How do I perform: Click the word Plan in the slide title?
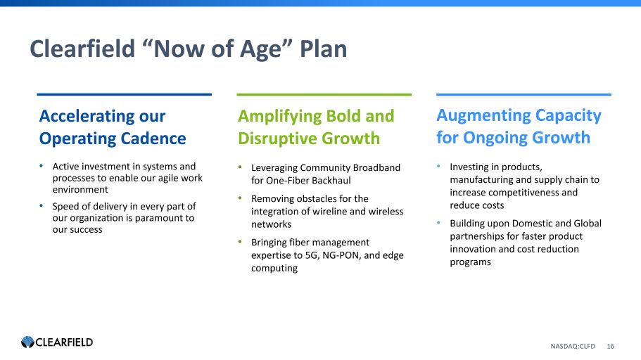tap(323, 49)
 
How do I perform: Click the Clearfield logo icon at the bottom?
tap(28, 342)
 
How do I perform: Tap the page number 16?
tap(610, 346)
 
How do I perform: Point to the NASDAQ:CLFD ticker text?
tap(572, 346)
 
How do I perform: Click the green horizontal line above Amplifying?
tap(324, 94)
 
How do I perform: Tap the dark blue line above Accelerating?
tap(125, 94)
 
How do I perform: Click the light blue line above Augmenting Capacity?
tap(523, 94)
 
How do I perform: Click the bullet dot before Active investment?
tap(42, 166)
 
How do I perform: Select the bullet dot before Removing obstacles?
tap(241, 198)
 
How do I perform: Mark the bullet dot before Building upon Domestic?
tap(438, 223)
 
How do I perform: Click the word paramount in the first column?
tap(158, 218)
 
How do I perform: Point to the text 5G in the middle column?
tap(312, 255)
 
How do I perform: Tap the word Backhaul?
tap(330, 181)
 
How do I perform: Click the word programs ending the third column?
tap(470, 262)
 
